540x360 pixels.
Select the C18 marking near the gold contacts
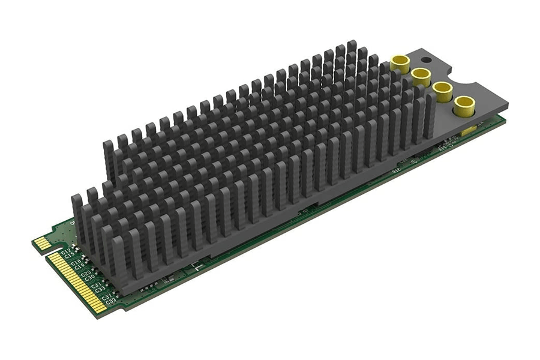tap(77, 262)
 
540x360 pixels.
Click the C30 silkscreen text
tap(89, 277)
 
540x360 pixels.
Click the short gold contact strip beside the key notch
tap(41, 243)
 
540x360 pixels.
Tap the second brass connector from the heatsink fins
tap(421, 76)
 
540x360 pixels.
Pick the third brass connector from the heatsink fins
tap(442, 91)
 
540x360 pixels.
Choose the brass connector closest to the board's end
tap(464, 106)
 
